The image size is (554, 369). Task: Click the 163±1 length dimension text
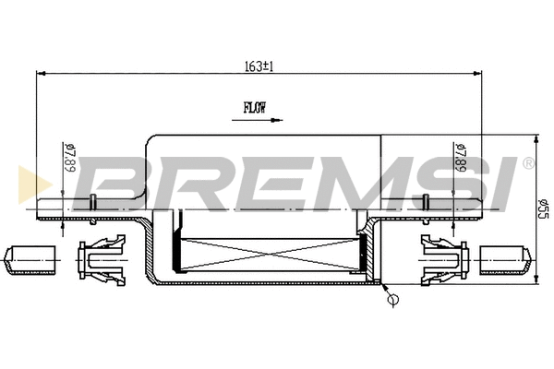(x=259, y=66)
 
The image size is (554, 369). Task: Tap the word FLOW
(x=255, y=108)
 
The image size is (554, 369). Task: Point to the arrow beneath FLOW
(x=258, y=121)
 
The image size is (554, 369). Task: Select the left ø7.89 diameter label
(x=70, y=157)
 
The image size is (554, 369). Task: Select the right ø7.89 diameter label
(x=461, y=157)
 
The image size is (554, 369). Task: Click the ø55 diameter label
(x=544, y=208)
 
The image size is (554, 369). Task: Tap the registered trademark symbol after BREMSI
(x=528, y=163)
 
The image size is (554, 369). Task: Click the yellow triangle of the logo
(x=35, y=184)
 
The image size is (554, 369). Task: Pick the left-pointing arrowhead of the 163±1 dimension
(x=42, y=74)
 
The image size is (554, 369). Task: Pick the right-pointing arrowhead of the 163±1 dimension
(x=477, y=74)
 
